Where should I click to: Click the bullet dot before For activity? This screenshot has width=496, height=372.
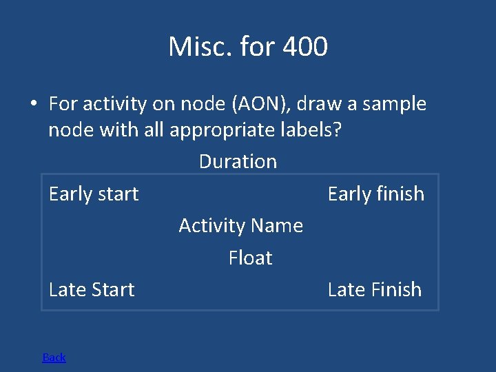[x=32, y=105]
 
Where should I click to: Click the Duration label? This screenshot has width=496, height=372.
[x=238, y=162]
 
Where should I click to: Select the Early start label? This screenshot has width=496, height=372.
[x=94, y=194]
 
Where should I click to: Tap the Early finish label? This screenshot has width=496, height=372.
[x=375, y=194]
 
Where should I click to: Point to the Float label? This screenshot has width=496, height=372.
[x=250, y=258]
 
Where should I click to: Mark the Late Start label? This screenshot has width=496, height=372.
[x=92, y=290]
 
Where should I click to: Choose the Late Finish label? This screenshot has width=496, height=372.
[x=374, y=290]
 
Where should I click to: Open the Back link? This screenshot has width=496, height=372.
[x=54, y=357]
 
